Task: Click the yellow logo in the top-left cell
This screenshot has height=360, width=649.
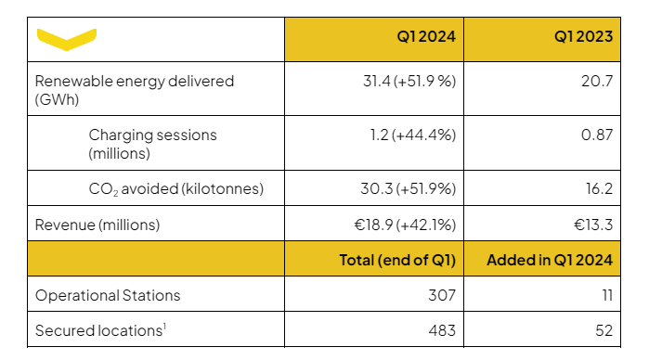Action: [67, 39]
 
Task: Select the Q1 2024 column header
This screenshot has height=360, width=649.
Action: [426, 36]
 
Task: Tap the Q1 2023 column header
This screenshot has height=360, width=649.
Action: [583, 36]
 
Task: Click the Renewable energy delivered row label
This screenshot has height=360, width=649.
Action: [135, 90]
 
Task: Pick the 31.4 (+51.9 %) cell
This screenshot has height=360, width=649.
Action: [409, 81]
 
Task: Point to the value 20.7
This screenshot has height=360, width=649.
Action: [597, 81]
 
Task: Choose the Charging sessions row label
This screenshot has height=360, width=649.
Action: [152, 144]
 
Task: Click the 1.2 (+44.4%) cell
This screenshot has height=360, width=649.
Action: [412, 135]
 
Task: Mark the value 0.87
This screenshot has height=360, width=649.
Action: [597, 135]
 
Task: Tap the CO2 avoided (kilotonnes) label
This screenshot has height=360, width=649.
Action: [175, 188]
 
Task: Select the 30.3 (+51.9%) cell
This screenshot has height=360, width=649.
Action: [409, 188]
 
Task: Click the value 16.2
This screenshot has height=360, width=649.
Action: [600, 188]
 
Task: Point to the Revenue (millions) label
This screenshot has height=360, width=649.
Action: [97, 225]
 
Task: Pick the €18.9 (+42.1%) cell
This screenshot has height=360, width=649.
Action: [405, 225]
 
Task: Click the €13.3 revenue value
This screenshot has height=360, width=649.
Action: [593, 225]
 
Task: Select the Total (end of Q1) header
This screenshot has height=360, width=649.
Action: [397, 261]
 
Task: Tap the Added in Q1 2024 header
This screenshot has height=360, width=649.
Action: [550, 261]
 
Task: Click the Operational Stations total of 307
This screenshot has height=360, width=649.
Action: [442, 295]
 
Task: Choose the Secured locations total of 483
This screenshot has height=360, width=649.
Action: [442, 330]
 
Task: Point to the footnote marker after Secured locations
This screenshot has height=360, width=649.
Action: [164, 327]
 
